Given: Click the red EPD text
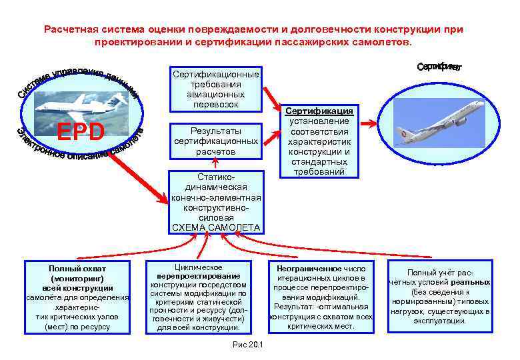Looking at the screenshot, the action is pos(81,131).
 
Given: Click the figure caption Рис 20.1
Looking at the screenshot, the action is pos(247,344).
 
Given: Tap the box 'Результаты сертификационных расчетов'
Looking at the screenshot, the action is pos(215,141).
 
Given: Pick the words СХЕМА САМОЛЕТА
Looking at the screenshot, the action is pos(216,228).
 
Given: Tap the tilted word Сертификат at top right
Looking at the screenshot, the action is pos(439,67).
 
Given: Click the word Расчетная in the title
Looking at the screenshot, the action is pos(71,29).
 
